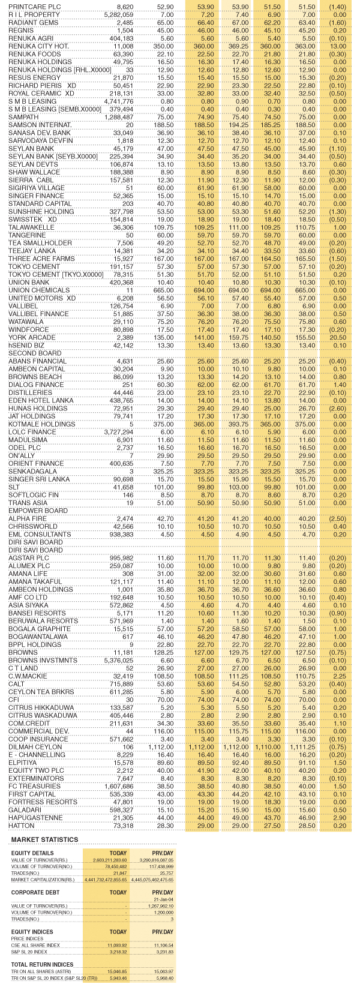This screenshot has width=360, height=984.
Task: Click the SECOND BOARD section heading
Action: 27,353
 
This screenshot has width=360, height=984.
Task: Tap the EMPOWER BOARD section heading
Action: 29,510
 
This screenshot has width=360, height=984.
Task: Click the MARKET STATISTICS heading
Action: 44,839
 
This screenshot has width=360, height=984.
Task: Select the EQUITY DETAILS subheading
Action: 32,853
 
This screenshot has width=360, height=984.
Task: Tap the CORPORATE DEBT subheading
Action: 34,892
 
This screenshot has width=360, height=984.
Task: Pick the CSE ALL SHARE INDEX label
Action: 36,944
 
